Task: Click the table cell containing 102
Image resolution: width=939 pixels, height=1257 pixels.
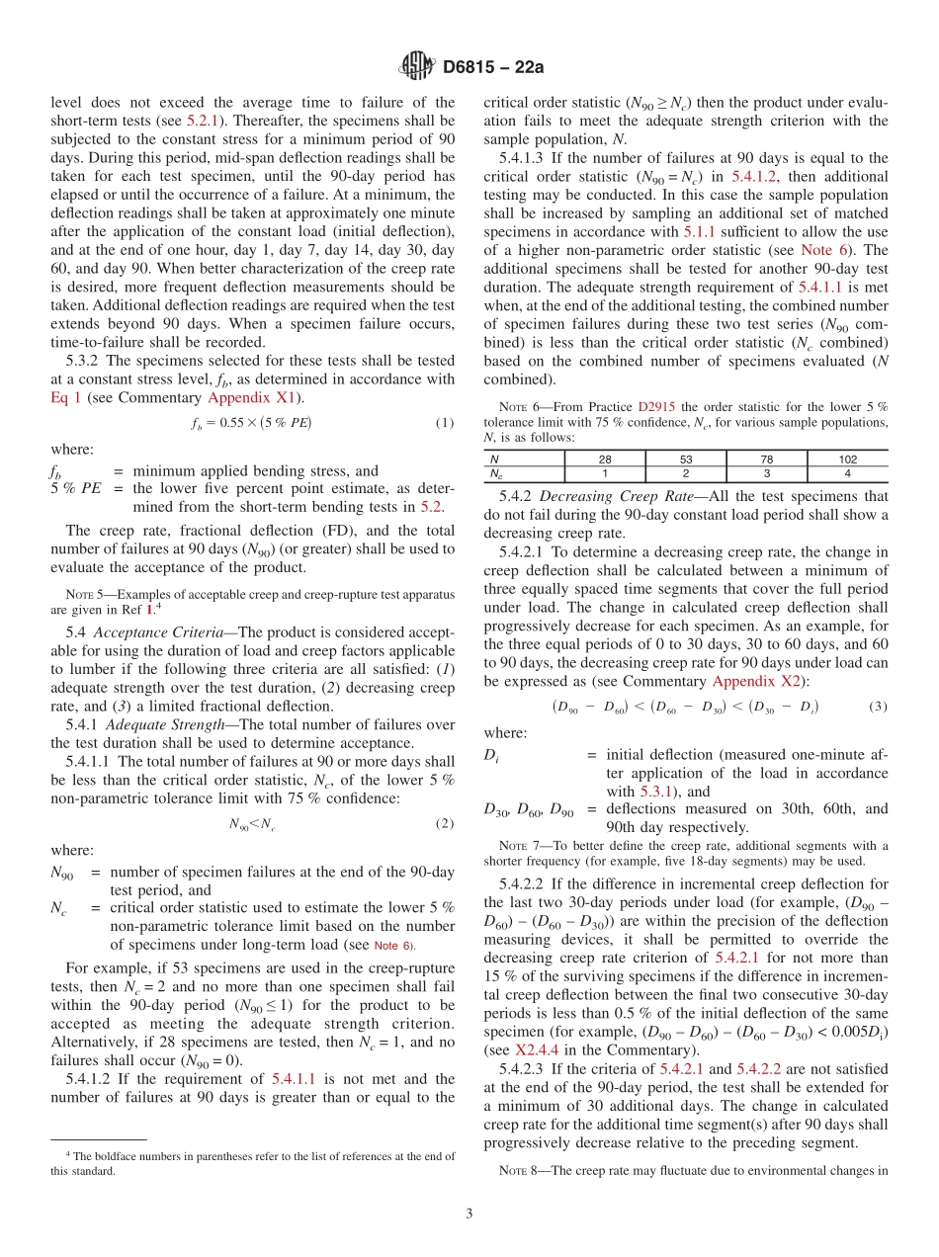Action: [847, 459]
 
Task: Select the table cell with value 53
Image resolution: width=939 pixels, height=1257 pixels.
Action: [685, 459]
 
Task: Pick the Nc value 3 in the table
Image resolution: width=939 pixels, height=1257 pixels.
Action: [766, 472]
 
